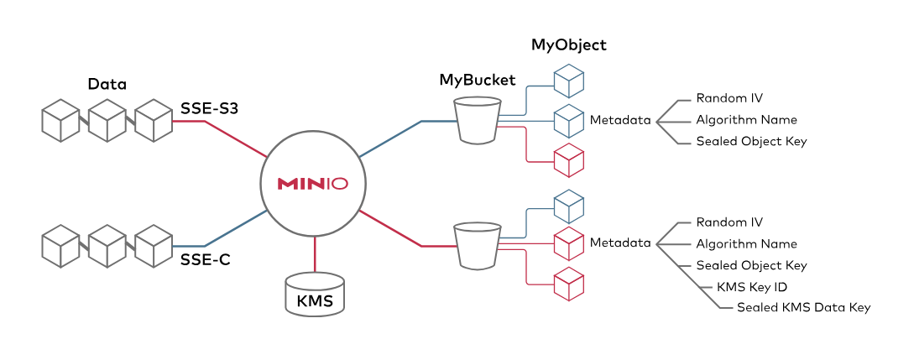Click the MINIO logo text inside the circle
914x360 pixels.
coord(312,184)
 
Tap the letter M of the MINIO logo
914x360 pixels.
coord(289,184)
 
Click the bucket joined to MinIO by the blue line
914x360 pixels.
coord(478,120)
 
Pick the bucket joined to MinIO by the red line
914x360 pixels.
coord(478,245)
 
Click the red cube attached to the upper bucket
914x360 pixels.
coord(569,160)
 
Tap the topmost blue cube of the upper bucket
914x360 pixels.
coord(569,81)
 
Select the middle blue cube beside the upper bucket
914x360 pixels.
coord(569,121)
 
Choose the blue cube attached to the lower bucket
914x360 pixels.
coord(569,206)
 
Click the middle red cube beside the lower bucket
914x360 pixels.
coord(569,243)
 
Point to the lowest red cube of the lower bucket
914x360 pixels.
coord(569,284)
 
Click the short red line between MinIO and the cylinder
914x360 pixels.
coord(315,255)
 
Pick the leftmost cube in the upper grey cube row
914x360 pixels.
coord(60,121)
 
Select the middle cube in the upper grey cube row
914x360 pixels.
coord(107,121)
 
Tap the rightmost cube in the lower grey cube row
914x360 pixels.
coord(154,246)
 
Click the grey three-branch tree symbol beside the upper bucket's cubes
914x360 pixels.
coord(673,122)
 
